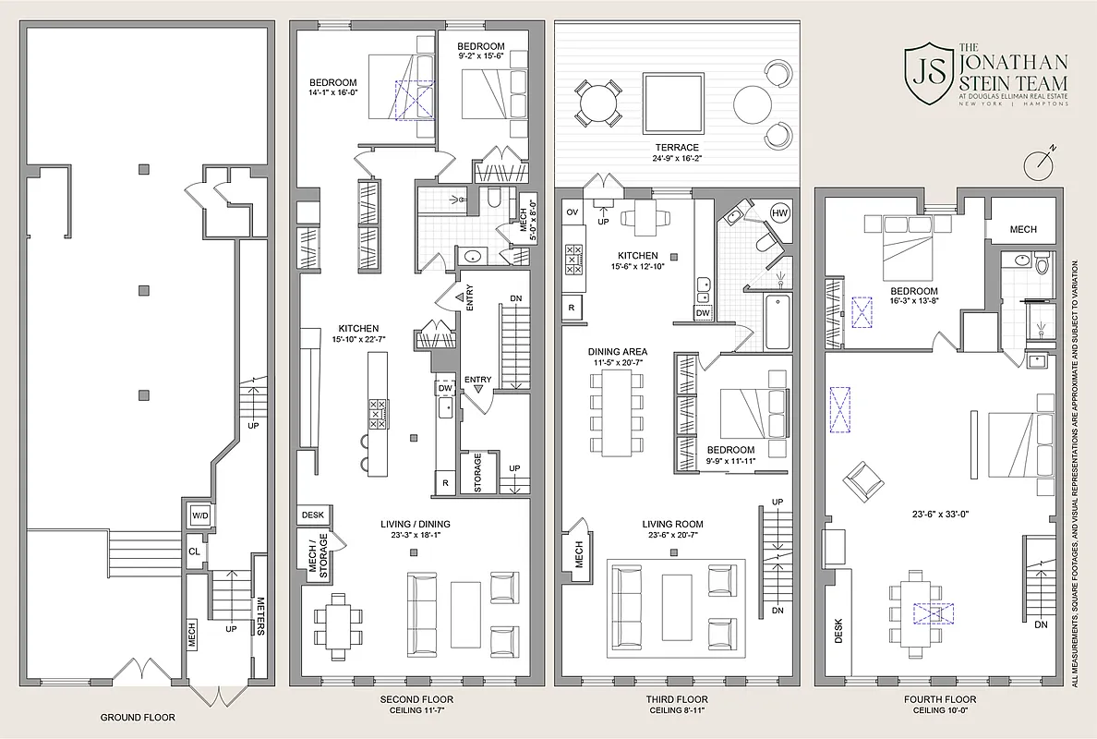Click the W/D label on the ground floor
[199, 515]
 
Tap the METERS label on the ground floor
[261, 614]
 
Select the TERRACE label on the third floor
[678, 148]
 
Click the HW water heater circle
[779, 212]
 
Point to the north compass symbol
[1040, 164]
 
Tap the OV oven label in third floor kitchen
[572, 212]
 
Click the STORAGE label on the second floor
[477, 472]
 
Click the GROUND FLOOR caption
[137, 717]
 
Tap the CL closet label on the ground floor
[194, 551]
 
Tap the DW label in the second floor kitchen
[445, 389]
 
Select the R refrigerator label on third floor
[572, 307]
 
